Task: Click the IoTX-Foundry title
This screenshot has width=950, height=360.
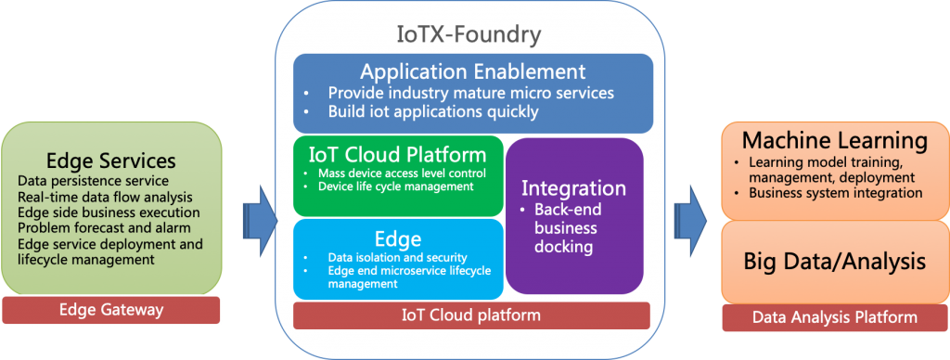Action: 469,35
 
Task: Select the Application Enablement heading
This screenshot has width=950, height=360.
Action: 472,71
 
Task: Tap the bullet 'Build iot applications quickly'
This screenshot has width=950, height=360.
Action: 433,111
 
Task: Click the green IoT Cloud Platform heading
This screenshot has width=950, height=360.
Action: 397,155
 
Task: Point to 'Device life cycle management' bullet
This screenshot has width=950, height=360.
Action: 395,186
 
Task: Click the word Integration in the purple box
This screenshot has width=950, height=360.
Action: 573,187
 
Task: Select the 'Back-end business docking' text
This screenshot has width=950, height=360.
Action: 566,228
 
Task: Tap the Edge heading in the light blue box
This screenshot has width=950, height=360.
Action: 398,238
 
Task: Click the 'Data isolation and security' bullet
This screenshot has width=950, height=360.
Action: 397,258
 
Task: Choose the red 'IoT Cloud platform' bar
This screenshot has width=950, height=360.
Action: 471,315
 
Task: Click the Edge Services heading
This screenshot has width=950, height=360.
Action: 111,161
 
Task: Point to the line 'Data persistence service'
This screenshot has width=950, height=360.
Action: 94,181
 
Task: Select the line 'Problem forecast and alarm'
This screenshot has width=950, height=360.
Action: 104,228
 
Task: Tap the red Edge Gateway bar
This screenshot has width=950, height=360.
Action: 111,310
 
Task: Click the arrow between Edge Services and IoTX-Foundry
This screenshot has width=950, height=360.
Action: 261,221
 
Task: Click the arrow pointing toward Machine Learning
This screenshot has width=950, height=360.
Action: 689,221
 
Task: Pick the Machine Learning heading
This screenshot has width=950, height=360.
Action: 835,141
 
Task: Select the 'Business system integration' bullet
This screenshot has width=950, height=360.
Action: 836,193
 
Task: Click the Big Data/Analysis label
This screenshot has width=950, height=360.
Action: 835,262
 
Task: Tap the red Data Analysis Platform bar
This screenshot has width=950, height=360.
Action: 835,317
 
